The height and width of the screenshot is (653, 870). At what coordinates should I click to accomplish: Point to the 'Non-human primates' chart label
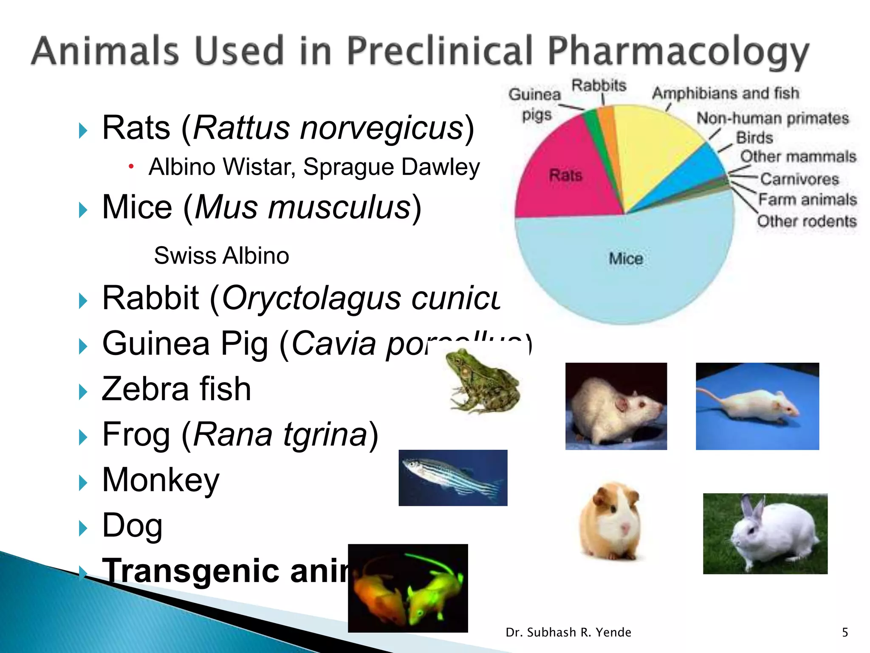(x=772, y=118)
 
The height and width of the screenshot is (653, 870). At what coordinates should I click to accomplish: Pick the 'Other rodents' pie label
(x=807, y=221)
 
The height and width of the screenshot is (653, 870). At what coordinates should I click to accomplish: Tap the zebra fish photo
(x=453, y=478)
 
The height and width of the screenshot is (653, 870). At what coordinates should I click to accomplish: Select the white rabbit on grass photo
(x=765, y=534)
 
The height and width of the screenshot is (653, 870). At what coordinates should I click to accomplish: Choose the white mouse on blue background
(x=757, y=406)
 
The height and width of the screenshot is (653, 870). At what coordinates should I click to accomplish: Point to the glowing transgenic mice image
(x=408, y=588)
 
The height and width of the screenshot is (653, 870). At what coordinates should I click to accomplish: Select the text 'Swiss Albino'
(x=221, y=256)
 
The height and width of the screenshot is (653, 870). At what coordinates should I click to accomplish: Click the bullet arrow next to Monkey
(x=83, y=483)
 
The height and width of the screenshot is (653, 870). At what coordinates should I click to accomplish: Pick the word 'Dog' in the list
(x=132, y=525)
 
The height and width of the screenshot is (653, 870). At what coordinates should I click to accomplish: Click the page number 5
(x=845, y=633)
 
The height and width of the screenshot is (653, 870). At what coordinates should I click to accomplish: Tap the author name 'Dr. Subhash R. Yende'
(x=568, y=633)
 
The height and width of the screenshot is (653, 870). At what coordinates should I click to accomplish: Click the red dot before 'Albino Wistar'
(x=131, y=166)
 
